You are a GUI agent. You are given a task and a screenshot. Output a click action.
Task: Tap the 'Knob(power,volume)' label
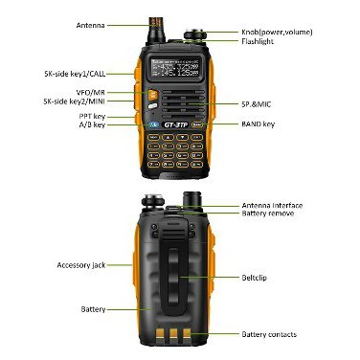277,33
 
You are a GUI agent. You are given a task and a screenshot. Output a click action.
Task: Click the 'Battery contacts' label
269,334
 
